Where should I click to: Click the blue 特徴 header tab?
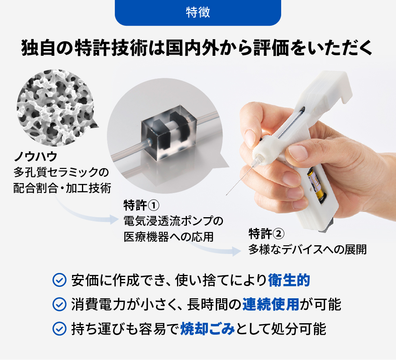tap(198, 12)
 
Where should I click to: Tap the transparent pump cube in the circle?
tap(168, 133)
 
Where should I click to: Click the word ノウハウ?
tap(36, 157)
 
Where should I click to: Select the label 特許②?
tap(267, 234)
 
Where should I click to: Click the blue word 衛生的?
tap(289, 280)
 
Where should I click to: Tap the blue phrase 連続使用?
tap(271, 304)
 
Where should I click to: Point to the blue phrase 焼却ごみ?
tap(208, 329)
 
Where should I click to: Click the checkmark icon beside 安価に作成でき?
tap(59, 280)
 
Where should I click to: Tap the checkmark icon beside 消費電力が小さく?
tap(59, 304)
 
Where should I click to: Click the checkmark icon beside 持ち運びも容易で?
tap(59, 329)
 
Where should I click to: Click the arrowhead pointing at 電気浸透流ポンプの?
tap(114, 219)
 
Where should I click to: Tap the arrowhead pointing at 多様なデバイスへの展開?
tap(237, 251)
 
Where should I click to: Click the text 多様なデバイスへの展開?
tap(307, 250)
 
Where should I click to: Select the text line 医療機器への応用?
tap(169, 237)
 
